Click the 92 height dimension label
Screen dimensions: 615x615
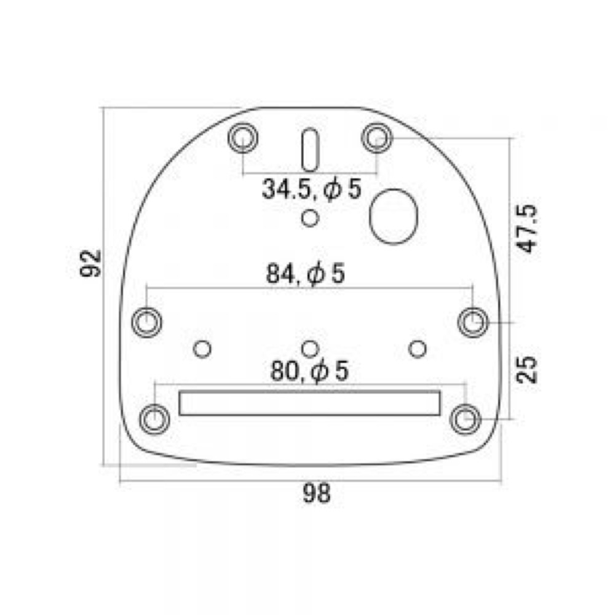(91, 263)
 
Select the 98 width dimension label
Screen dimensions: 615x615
(317, 493)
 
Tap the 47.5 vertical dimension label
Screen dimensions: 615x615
(526, 228)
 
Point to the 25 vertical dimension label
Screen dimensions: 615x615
(526, 370)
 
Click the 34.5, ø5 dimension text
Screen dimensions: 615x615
(311, 189)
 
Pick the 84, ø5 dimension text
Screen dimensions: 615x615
(306, 274)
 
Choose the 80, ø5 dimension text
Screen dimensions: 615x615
(309, 371)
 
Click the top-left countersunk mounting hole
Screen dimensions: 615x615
(243, 138)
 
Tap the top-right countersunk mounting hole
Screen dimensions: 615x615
(376, 138)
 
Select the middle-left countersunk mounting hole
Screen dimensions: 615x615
(147, 322)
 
